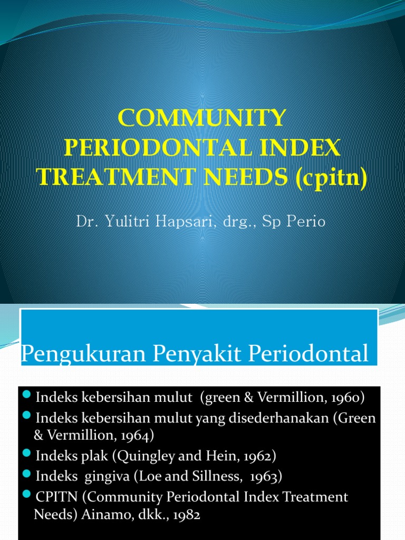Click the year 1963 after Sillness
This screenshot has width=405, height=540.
click(265, 477)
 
